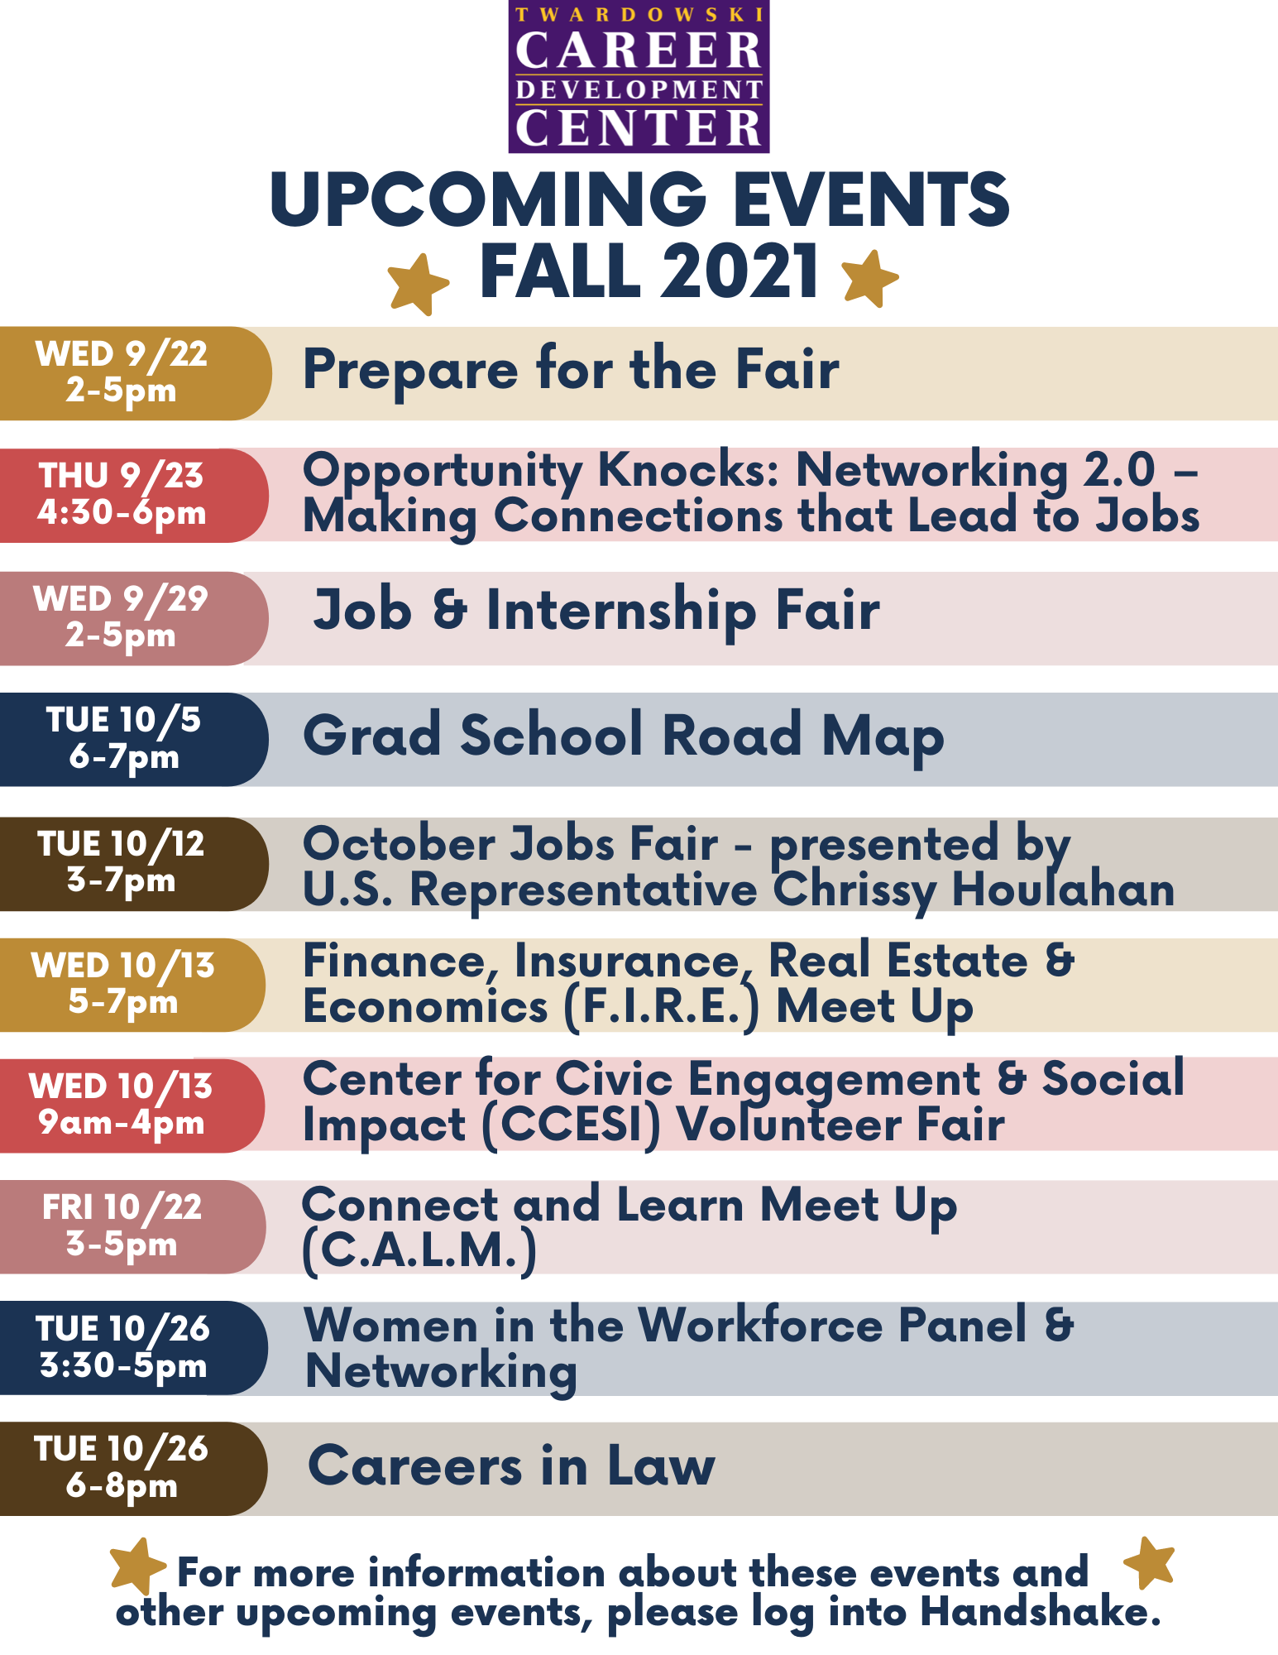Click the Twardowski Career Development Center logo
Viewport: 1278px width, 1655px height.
(639, 76)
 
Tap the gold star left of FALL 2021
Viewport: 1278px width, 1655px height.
(419, 284)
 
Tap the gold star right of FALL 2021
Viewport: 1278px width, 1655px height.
(869, 278)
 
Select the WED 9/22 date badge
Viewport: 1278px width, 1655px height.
(135, 373)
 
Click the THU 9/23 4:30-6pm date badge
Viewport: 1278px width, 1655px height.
(134, 496)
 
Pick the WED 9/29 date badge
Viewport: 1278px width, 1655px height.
(134, 618)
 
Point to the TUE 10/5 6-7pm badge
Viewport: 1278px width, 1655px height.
(134, 740)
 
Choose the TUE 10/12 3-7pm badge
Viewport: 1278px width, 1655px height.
(134, 864)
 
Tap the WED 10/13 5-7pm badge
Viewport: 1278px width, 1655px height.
(133, 985)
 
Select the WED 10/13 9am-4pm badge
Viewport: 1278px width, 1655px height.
(132, 1106)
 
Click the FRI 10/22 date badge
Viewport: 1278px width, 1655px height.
(133, 1227)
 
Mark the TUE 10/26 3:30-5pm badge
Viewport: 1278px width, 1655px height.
(134, 1348)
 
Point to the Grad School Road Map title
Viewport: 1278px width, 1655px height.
(624, 736)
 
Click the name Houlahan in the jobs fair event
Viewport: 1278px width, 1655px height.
(1063, 890)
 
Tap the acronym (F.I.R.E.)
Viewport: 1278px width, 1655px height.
(661, 1008)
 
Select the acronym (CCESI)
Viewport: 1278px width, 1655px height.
(572, 1126)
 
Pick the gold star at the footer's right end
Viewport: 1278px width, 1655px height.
(1150, 1563)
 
